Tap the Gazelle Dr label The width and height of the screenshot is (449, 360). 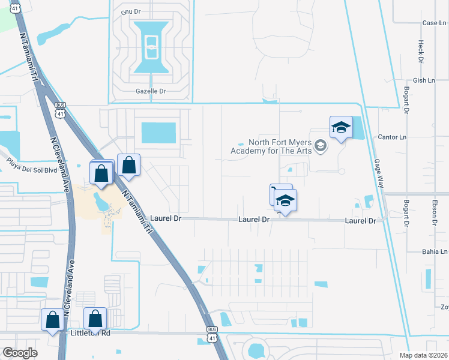coord(150,91)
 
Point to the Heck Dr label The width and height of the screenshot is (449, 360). coord(421,51)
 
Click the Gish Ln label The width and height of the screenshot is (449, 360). coord(423,80)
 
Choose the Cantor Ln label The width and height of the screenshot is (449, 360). coord(392,137)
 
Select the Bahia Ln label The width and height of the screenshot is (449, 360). coord(435,252)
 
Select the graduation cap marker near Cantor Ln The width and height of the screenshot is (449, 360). coord(341,128)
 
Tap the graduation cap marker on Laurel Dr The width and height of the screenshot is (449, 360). coord(286,202)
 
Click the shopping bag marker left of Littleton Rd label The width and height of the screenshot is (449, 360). coord(53,320)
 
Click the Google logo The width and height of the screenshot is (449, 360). coord(20,353)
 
